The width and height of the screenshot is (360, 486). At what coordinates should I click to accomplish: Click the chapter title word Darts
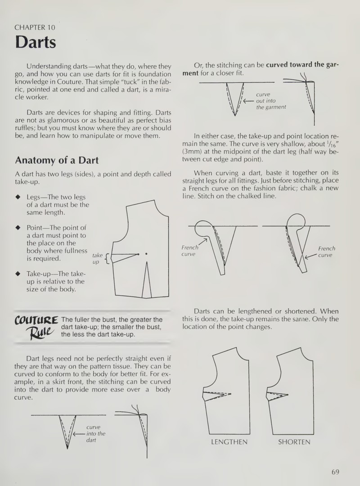click(x=36, y=42)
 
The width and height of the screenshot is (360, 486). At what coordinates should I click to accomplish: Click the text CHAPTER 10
click(x=35, y=27)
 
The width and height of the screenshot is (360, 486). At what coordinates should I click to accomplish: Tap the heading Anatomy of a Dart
click(x=57, y=160)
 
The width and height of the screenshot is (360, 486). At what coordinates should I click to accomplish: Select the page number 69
click(x=335, y=472)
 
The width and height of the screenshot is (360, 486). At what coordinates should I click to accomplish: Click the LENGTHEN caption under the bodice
click(x=229, y=442)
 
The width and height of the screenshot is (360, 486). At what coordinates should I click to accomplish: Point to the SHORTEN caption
click(x=294, y=442)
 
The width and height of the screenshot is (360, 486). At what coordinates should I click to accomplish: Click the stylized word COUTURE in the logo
click(x=36, y=320)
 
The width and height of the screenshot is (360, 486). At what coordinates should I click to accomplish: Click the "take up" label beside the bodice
click(x=97, y=258)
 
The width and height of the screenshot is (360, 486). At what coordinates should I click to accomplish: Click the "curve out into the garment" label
click(x=271, y=101)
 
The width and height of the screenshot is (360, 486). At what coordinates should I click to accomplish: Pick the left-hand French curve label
click(x=189, y=251)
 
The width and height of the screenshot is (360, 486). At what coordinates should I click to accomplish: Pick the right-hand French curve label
click(x=327, y=252)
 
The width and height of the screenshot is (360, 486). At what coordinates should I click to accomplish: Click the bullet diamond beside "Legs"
click(x=18, y=197)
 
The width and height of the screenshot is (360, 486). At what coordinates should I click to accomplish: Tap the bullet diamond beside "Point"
click(x=18, y=228)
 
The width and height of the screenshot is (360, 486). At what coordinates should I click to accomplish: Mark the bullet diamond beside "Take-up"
click(x=18, y=274)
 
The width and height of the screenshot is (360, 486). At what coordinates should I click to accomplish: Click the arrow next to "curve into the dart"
click(x=79, y=434)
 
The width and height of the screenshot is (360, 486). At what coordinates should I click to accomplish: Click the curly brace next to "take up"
click(x=107, y=258)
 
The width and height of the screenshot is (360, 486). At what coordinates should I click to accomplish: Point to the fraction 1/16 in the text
click(x=331, y=144)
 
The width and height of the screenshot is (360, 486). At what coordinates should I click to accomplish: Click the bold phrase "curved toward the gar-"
click(x=303, y=65)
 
